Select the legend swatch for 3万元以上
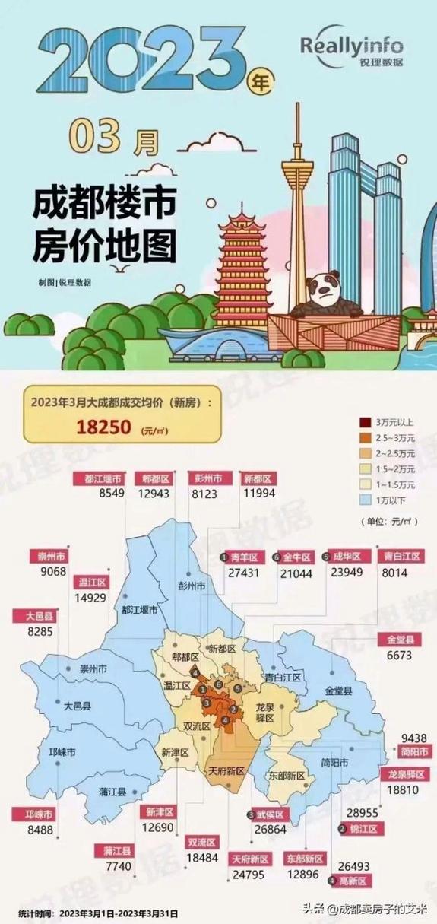click(364, 421)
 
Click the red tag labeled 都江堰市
click(97, 479)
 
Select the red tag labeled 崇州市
click(52, 557)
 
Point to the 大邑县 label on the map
click(76, 706)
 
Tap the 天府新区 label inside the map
click(226, 770)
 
